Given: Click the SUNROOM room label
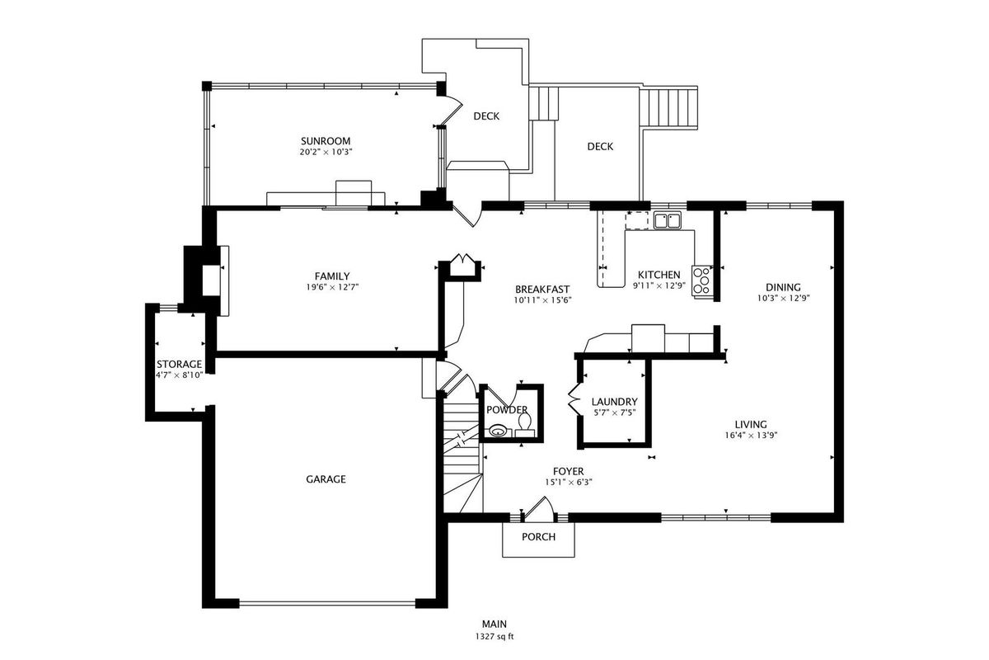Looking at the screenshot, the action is point(326,141).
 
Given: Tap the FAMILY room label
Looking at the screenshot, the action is point(332,276).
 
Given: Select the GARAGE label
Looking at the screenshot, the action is point(326,479).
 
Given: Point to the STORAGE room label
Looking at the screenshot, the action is point(180,365).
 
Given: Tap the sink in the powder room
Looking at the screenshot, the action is point(498,430).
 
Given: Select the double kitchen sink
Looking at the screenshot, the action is point(667,220).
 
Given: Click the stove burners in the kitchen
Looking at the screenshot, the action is point(702,280).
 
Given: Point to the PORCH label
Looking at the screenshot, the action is point(539,537).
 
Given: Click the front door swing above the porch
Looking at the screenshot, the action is point(540,507).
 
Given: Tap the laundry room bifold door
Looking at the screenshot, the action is point(573,399).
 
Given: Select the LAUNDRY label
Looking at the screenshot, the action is point(614,402).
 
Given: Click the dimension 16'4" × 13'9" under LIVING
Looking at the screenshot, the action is point(751,435).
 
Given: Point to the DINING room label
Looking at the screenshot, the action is point(783,287).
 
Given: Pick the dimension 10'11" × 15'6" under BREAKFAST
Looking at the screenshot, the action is point(542,300).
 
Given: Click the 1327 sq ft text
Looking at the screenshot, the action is point(494,637).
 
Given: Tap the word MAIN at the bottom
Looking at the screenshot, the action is point(494,625).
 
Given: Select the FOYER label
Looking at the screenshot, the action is point(568,471).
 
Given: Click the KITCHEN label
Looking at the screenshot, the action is point(659,275).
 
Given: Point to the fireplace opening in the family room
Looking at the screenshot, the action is point(211,280).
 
